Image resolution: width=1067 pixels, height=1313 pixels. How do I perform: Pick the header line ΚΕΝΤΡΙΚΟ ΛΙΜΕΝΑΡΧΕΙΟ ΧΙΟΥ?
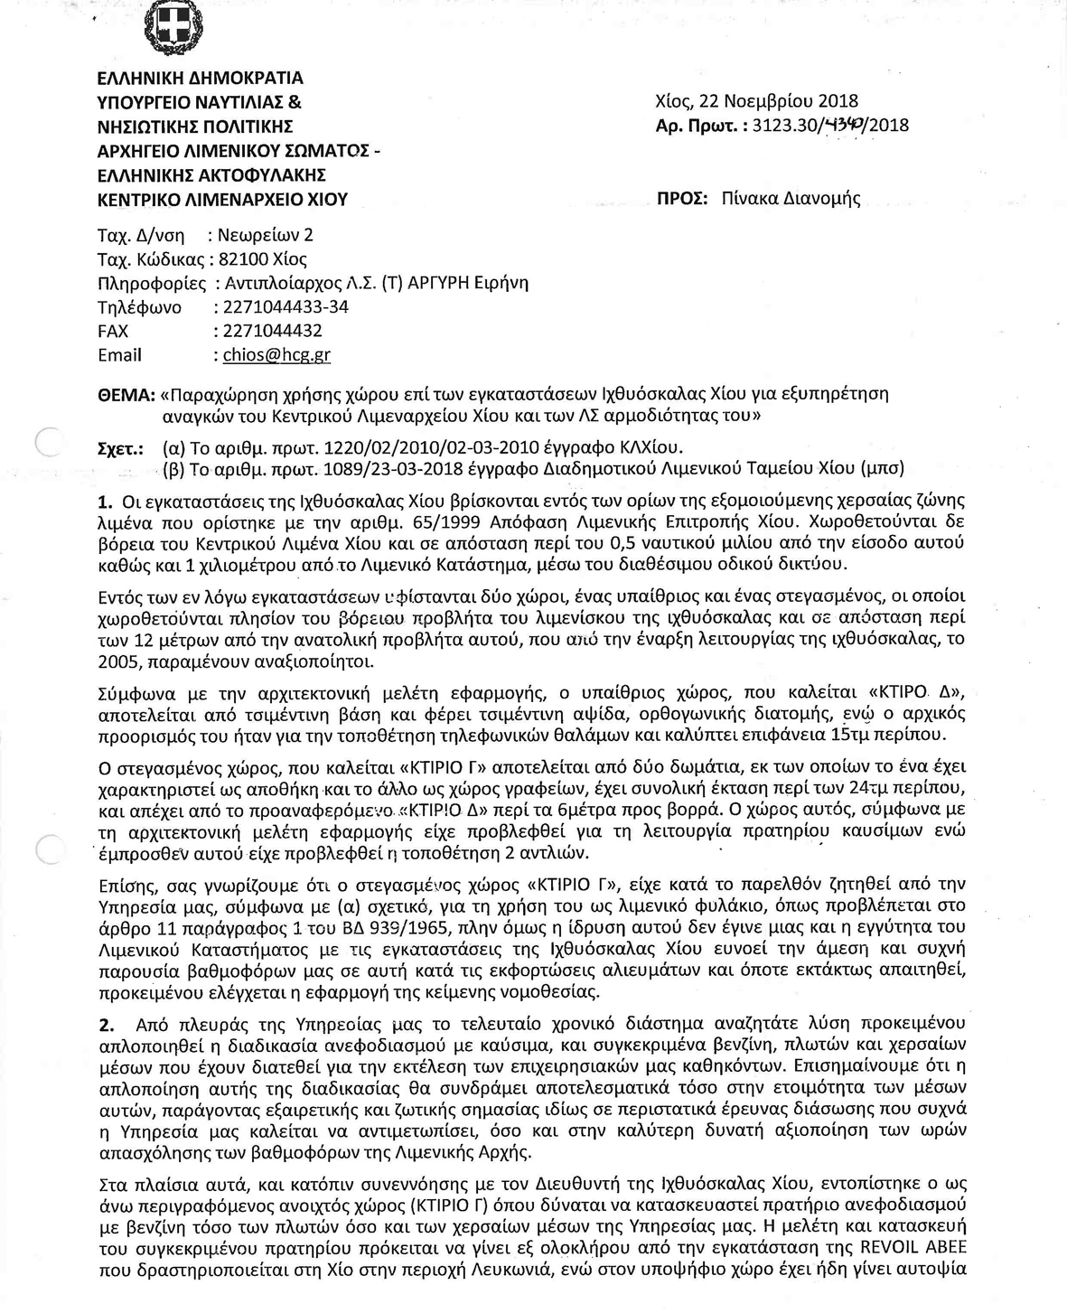(x=222, y=199)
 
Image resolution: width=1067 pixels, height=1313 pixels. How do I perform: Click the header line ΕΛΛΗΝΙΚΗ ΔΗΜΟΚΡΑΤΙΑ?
(x=201, y=79)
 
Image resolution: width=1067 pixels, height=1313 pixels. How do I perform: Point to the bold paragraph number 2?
(x=107, y=1025)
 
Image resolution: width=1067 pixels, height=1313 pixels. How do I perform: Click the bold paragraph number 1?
(x=104, y=501)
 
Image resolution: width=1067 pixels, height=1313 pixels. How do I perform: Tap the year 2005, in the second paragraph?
(x=118, y=661)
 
